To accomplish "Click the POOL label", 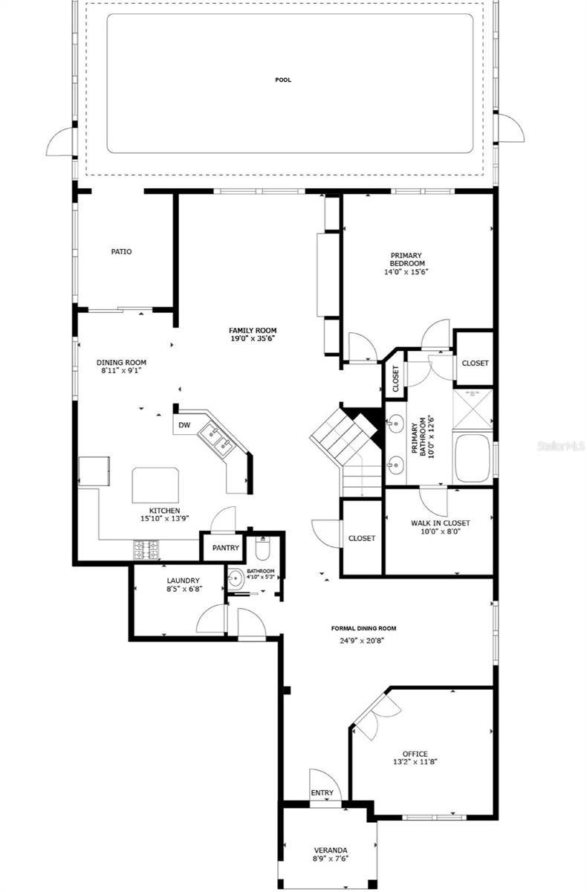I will coord(282,79).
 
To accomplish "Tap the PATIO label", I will coord(121,252).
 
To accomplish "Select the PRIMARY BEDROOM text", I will coord(407,259).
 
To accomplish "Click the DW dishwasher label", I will coord(184,425).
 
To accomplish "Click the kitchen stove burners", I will coord(146,550).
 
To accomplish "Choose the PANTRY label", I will coord(224,549).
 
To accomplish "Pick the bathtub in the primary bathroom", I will coord(471,459).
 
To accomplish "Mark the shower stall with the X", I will coord(473,407).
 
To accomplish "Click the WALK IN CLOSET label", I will coord(440,523).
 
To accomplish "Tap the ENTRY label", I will coord(322,793).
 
